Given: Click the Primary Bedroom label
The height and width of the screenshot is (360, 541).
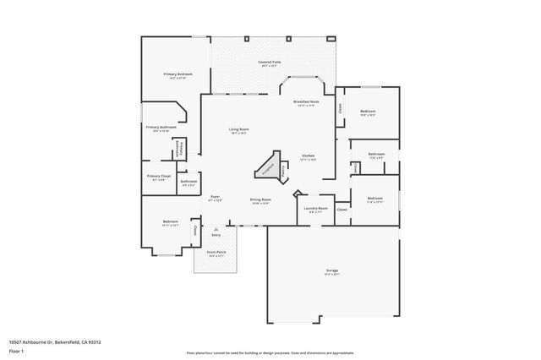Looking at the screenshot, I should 178,74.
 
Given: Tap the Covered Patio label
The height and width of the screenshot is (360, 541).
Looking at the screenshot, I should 270,63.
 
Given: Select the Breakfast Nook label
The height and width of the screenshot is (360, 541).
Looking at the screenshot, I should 306,101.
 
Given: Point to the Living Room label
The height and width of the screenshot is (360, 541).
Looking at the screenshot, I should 238,129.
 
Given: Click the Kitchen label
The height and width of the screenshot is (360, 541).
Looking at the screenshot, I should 309,156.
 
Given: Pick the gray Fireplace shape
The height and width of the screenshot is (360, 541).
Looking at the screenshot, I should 267,166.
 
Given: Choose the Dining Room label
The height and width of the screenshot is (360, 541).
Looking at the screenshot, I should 260,199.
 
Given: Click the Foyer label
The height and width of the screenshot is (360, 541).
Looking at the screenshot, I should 215,197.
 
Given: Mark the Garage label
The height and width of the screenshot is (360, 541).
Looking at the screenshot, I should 332,270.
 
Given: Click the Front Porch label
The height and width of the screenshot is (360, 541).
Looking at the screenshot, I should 216,252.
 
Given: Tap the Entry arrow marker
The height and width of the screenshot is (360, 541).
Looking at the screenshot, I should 216,229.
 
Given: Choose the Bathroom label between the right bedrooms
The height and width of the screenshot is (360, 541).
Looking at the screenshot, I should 376,155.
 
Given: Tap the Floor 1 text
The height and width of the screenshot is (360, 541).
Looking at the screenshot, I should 16,351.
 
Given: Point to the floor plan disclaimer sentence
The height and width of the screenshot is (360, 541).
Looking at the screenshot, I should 270,351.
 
